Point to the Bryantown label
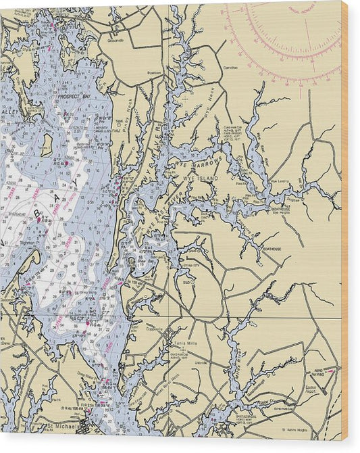(x=154, y=71)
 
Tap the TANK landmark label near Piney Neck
(x=118, y=122)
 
